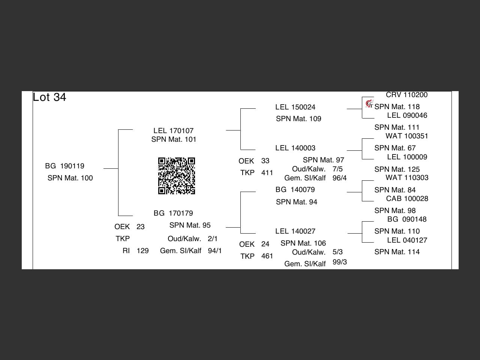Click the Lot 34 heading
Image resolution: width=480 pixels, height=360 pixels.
pos(49,97)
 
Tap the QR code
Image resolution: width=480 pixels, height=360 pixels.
pos(177,176)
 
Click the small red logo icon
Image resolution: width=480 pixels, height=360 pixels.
pos(369,103)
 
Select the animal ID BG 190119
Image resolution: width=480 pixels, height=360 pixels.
pos(64,166)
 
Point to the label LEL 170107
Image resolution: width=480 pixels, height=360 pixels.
pos(173,130)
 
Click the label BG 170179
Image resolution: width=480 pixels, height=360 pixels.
pos(173,213)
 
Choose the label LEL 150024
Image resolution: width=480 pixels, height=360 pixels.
pos(295,107)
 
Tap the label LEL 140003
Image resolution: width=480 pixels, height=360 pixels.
pos(295,148)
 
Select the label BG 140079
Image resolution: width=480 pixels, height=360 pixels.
pos(295,189)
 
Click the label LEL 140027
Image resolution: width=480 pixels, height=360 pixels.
pos(295,231)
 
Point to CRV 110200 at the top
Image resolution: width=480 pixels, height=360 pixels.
pos(406,95)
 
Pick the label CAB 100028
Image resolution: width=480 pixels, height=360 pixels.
pos(407,198)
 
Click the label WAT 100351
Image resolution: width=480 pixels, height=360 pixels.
pos(406,136)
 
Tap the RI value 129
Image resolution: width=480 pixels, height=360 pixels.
pos(142,250)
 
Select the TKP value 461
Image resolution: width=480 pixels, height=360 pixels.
pos(267,256)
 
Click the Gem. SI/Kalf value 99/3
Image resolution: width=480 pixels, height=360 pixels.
pos(339,262)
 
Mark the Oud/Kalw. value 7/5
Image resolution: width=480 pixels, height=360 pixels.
pos(337,169)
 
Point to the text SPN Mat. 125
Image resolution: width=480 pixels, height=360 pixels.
pos(397,169)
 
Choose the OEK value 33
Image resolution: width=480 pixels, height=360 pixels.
pos(265,161)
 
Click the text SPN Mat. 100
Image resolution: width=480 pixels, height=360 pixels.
pos(70,178)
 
